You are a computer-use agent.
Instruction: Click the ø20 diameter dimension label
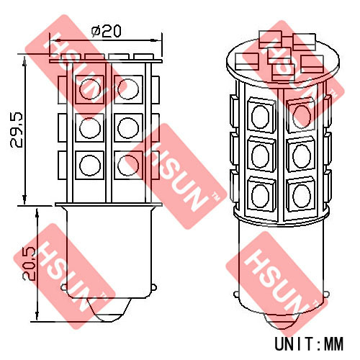tap(106, 31)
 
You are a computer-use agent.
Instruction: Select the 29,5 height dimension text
tap(17, 130)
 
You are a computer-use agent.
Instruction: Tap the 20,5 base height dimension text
tap(29, 263)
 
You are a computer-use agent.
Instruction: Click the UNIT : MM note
tap(309, 344)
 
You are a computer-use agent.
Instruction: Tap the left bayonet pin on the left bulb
tap(64, 287)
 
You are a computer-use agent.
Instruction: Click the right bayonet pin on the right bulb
tap(327, 294)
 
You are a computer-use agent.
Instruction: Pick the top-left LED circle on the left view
tap(89, 89)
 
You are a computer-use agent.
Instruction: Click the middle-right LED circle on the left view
tap(128, 128)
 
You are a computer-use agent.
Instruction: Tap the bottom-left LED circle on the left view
tap(89, 166)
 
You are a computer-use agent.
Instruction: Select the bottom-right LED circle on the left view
tap(128, 166)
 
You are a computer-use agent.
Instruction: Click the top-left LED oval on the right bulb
tap(261, 117)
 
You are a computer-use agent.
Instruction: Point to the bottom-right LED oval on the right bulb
tap(302, 196)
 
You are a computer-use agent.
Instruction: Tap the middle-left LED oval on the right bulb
tap(261, 156)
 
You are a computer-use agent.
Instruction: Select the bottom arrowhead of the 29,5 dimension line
tap(24, 199)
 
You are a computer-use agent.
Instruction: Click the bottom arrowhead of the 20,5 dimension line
tap(37, 315)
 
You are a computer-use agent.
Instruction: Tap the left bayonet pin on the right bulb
tap(236, 294)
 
